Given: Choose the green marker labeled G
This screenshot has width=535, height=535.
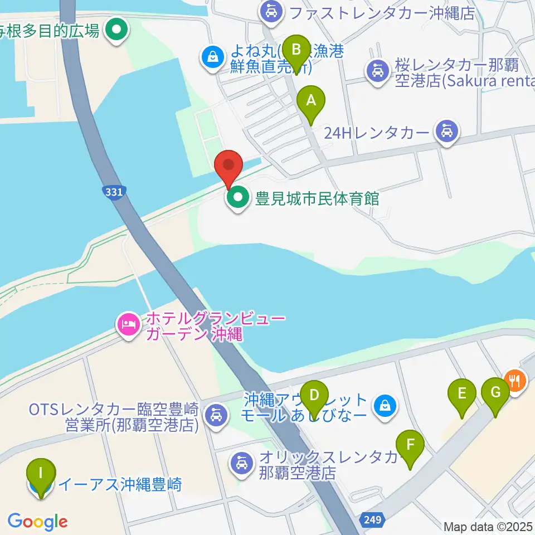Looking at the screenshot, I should coord(495,394).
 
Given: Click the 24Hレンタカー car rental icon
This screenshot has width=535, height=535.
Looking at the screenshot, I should coord(447,133).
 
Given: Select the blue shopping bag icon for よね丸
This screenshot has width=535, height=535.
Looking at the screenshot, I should coord(212,56).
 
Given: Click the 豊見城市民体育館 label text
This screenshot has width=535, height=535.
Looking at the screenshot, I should coord(317,198).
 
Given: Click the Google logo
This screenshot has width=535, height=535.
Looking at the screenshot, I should coord(37,522).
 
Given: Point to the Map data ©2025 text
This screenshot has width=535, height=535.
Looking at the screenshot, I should coord(489,526).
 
